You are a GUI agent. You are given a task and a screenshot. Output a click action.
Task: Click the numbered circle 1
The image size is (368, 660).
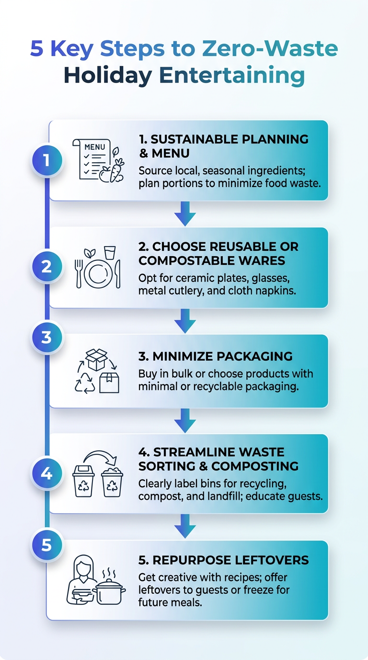46,160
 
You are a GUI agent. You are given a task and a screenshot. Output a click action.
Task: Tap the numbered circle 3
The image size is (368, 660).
46,338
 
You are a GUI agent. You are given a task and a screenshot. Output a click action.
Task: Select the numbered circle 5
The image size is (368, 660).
46,545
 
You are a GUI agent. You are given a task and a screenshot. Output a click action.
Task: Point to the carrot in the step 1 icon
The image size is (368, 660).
117,172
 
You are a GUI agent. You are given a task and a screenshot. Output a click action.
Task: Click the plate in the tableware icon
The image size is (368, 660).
99,274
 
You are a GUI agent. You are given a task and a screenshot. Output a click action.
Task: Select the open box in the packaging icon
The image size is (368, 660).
96,359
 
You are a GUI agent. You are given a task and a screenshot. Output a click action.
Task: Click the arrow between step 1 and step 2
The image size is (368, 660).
185,213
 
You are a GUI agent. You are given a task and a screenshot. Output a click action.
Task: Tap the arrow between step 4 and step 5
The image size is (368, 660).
185,526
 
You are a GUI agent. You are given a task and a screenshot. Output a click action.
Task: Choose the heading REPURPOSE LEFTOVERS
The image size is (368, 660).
224,560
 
